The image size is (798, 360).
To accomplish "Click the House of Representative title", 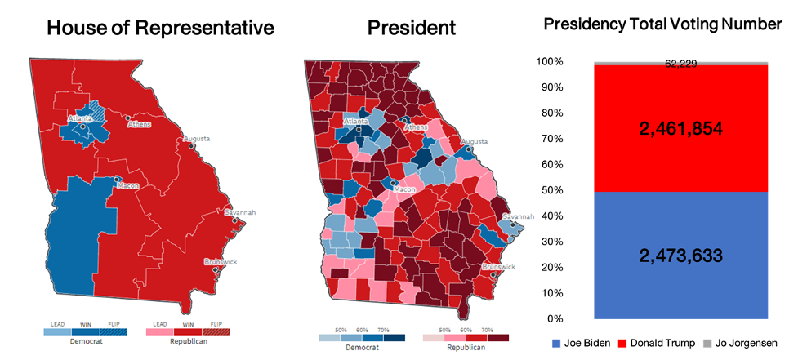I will tap(159, 29).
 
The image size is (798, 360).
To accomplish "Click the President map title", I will tap(411, 29).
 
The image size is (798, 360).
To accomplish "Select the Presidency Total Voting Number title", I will tap(662, 24).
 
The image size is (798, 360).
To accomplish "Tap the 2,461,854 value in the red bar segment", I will tap(680, 128).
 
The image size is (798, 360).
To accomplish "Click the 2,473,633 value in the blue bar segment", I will tap(680, 256).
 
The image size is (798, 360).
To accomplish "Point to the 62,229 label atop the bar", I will tap(680, 64).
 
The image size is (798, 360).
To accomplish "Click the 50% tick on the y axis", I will tap(551, 190).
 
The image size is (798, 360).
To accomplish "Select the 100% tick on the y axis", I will tap(548, 61).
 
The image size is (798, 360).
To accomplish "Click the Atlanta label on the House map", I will tap(81, 118).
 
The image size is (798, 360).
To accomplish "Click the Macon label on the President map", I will tap(405, 189).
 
